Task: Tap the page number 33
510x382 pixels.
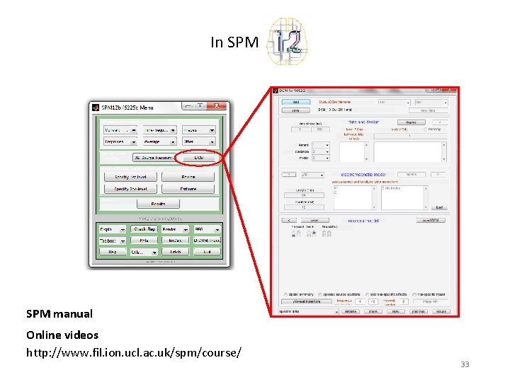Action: click(x=465, y=364)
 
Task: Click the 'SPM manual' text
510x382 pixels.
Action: click(x=59, y=313)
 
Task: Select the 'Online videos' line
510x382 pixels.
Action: click(x=62, y=335)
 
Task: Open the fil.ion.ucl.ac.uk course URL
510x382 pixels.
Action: click(x=133, y=352)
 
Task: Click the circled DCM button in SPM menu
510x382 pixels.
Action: click(x=200, y=158)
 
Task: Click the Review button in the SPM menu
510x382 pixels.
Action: click(x=188, y=177)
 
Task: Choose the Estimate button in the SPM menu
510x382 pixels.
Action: click(x=188, y=189)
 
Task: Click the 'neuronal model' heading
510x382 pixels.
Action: click(x=363, y=221)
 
